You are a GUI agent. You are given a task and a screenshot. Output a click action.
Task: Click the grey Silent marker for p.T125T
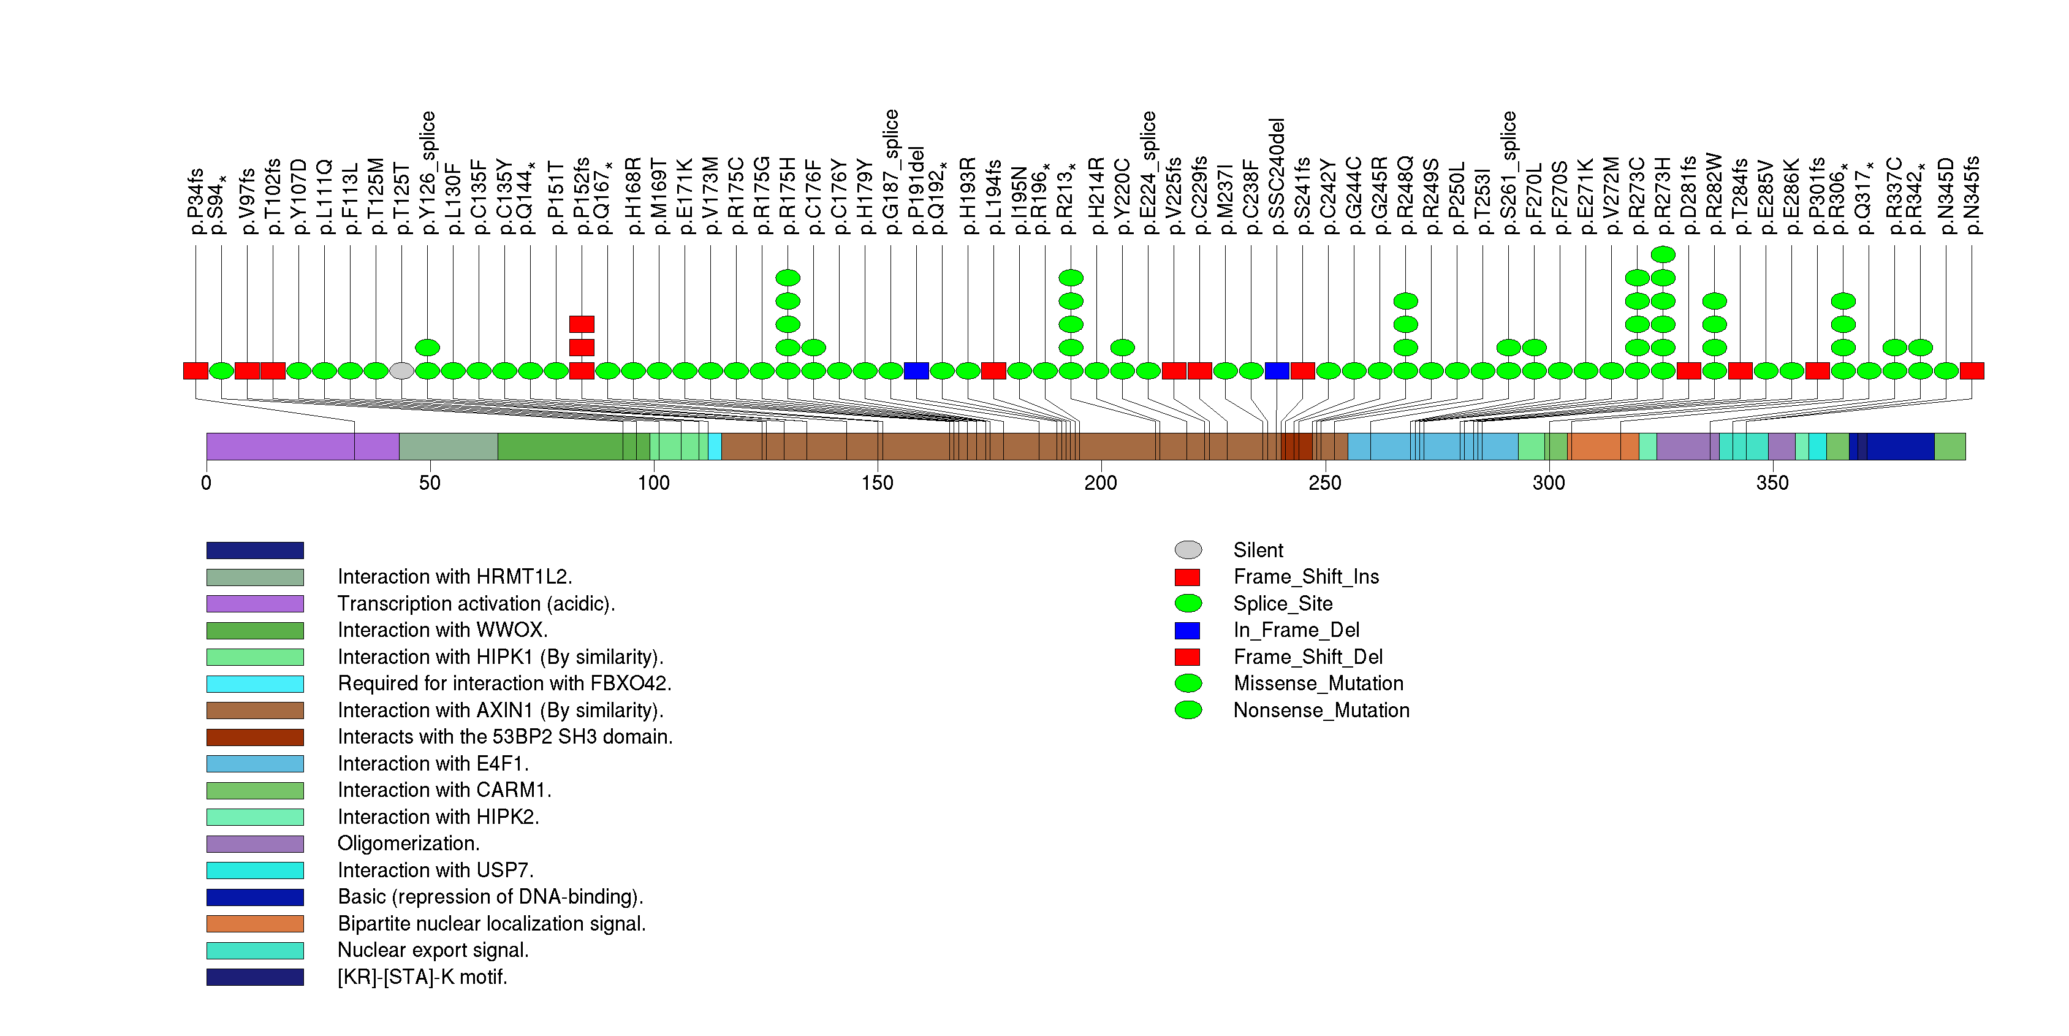pos(401,371)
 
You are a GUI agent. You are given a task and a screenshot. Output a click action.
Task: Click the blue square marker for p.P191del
pos(916,371)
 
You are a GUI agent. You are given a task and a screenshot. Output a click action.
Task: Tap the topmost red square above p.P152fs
pos(582,324)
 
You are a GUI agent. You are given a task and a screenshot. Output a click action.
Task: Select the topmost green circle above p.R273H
pos(1663,254)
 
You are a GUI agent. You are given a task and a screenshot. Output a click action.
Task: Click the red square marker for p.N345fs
pos(1972,371)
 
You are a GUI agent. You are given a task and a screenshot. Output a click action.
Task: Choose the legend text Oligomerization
pos(408,844)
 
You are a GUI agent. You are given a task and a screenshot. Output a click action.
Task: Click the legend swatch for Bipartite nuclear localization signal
pos(254,924)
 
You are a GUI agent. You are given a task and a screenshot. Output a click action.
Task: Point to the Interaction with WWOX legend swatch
pos(254,630)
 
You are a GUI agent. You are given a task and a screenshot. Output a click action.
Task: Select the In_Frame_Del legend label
pos(1296,630)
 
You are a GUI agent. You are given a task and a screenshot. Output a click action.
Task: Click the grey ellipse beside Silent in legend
pos(1188,550)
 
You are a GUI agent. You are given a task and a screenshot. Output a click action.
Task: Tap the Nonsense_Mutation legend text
pos(1321,710)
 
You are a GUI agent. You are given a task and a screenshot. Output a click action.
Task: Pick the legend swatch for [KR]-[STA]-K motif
pos(254,977)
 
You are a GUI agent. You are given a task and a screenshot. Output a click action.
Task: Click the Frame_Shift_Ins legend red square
pos(1187,577)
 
